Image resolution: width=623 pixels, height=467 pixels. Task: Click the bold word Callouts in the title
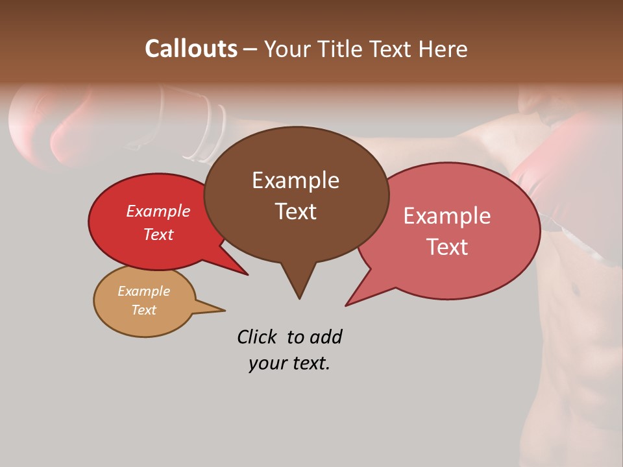[x=191, y=49]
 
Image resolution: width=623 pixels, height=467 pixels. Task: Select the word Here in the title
[x=443, y=49]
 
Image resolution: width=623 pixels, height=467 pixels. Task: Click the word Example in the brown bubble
[x=295, y=180]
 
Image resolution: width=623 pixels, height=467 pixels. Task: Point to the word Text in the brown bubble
[x=295, y=211]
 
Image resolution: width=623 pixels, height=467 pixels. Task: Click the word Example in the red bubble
[x=158, y=211]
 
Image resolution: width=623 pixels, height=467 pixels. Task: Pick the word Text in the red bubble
[x=158, y=234]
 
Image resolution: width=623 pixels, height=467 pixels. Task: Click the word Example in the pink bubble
[x=447, y=216]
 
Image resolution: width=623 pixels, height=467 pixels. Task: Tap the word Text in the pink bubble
[x=448, y=246]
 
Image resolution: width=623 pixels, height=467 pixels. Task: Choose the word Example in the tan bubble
[x=143, y=291]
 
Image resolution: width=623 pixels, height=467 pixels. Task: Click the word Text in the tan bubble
[x=143, y=310]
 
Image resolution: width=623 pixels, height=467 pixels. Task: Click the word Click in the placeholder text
[x=258, y=337]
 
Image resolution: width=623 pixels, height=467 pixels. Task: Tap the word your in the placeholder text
[x=267, y=363]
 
